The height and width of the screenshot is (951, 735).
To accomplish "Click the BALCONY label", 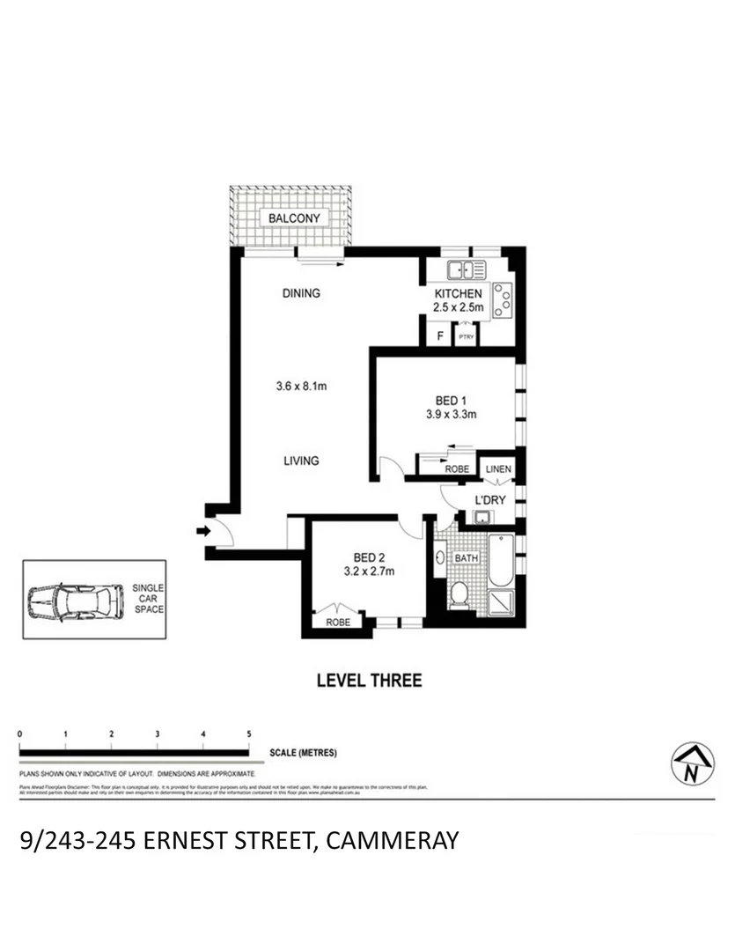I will click(294, 217).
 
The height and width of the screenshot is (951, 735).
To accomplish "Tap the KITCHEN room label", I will click(458, 293).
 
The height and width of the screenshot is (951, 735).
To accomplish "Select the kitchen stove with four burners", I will click(503, 299).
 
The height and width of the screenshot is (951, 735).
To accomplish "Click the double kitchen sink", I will click(466, 270).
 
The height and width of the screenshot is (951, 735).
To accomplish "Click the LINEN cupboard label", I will click(499, 470).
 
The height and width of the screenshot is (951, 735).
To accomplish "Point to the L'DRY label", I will click(489, 501).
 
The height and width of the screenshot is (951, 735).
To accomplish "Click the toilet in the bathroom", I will click(458, 595).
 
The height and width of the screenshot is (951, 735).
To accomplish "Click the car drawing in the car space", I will click(74, 603).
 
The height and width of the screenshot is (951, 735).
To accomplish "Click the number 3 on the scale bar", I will click(158, 734).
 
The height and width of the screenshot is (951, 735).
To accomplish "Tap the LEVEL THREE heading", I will click(369, 680).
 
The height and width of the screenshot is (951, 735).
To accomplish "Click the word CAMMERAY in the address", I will click(393, 840).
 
